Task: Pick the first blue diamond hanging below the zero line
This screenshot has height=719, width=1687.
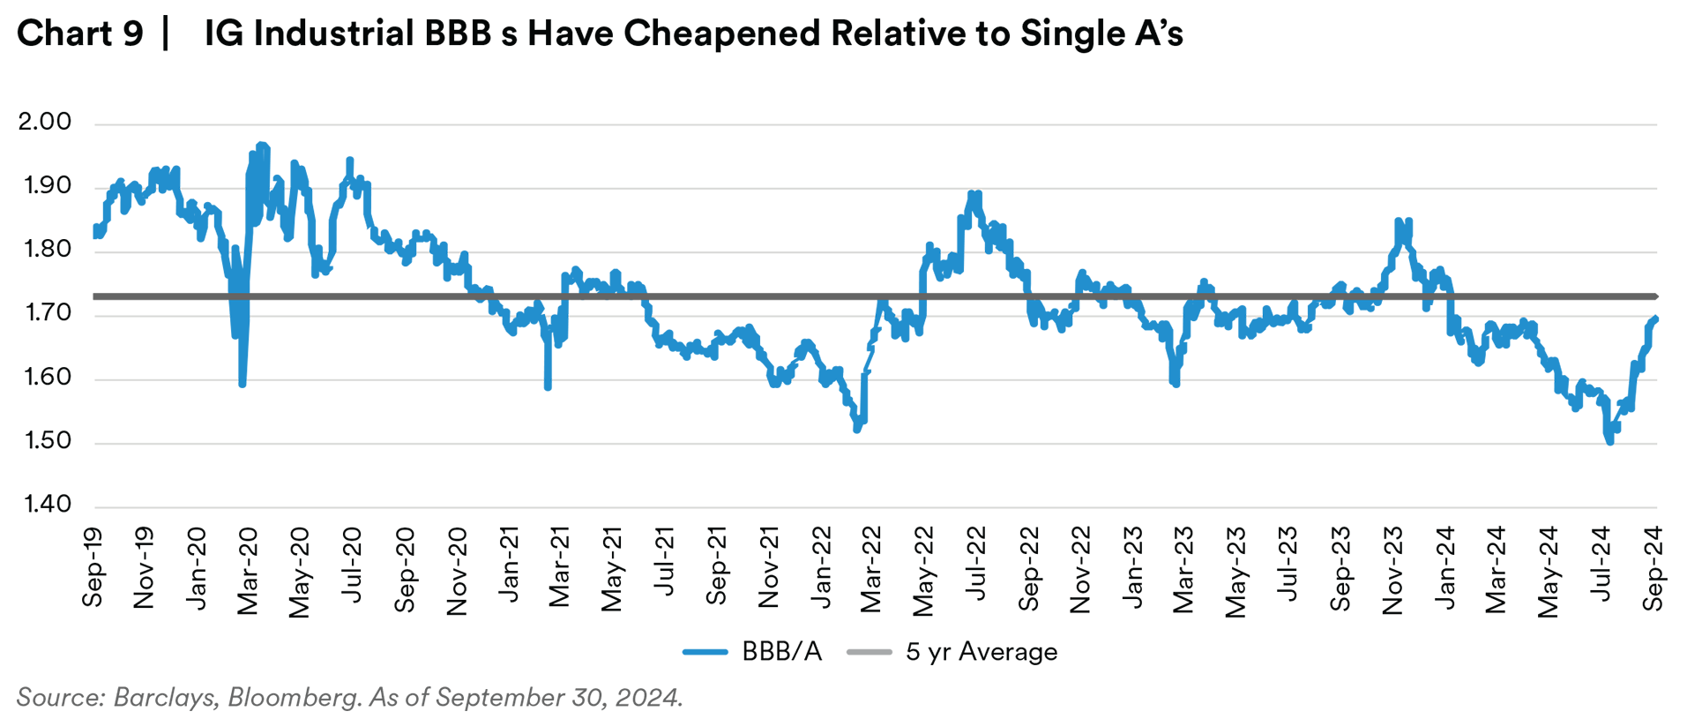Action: point(243,348)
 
